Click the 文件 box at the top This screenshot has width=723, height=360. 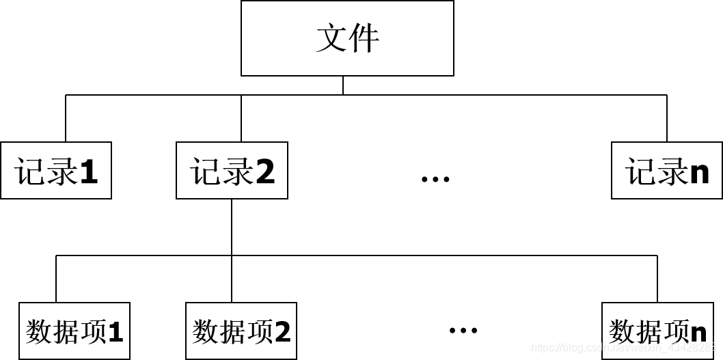point(347,38)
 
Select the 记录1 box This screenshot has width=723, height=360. point(56,171)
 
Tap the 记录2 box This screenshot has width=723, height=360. point(232,171)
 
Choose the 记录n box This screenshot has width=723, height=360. point(666,171)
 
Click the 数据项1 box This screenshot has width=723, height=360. point(74,331)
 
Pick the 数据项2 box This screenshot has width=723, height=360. point(241,331)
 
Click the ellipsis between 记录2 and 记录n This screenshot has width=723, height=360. point(435,179)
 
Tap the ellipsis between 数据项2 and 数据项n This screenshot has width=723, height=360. point(463,331)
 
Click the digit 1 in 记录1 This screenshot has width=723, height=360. point(89,171)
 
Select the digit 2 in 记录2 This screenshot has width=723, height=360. point(265,171)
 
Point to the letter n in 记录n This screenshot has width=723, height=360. point(699,173)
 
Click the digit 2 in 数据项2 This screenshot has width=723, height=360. point(283,332)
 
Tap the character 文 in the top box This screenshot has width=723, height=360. point(331,39)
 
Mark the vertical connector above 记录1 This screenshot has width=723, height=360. point(66,118)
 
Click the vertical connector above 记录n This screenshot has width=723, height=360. point(667,118)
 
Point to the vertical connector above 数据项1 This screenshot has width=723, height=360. point(56,279)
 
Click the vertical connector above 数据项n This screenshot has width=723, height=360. point(657,279)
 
